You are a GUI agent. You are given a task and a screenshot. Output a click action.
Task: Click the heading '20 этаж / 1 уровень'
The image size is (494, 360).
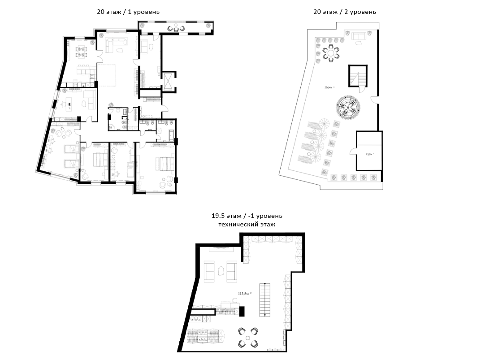coord(128,12)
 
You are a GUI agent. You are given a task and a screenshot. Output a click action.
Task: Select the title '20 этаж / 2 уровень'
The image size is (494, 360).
coord(344,12)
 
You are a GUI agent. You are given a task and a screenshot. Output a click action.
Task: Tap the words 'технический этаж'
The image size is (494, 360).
coord(247,225)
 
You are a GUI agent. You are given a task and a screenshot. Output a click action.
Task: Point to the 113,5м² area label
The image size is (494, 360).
coord(245,294)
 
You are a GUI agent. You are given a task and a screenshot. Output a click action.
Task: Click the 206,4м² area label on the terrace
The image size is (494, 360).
coord(329,88)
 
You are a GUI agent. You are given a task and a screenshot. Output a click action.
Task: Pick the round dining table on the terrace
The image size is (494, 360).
coord(331,53)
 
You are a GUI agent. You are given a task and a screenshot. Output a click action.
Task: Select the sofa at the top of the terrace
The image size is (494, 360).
coord(358,36)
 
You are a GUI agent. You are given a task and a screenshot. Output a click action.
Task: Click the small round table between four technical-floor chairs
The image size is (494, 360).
coord(248,337)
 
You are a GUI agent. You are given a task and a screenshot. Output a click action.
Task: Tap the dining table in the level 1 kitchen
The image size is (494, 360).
coord(81,51)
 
